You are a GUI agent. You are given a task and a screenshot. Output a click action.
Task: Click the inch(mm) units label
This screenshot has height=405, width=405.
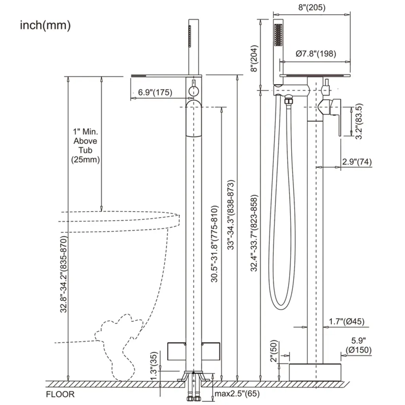[x=45, y=26]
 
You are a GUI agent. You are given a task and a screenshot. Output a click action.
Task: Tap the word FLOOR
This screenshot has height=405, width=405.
[x=60, y=394]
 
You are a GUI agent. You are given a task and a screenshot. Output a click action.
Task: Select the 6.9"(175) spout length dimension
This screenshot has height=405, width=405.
[x=155, y=93]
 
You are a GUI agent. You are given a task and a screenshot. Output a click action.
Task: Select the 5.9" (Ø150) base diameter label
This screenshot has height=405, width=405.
[x=358, y=345]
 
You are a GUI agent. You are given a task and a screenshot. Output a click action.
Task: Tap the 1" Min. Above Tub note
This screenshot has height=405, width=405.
[x=85, y=145]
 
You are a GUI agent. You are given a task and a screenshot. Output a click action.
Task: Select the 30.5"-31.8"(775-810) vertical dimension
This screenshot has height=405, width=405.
[x=214, y=244]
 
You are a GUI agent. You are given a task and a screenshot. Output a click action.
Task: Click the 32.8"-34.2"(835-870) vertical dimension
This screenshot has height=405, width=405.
[x=63, y=274]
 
